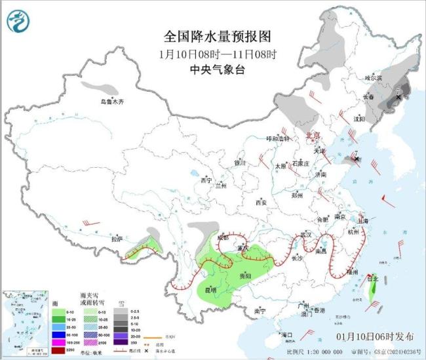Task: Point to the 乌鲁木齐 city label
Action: (x=111, y=102)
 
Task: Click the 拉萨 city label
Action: (x=117, y=239)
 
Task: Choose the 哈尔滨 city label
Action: (x=373, y=77)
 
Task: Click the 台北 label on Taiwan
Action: (x=371, y=279)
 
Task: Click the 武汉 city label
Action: (x=305, y=234)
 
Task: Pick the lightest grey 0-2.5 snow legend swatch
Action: (x=121, y=311)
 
